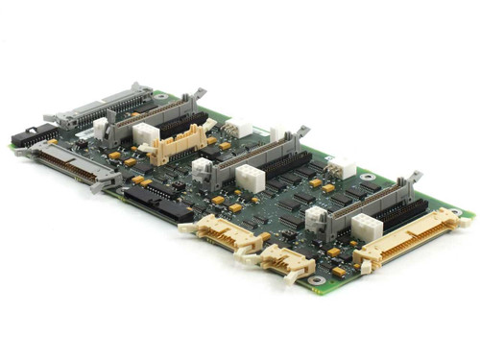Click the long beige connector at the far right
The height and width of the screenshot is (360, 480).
click(x=410, y=241)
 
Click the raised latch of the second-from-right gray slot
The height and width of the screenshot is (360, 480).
click(x=300, y=131)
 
